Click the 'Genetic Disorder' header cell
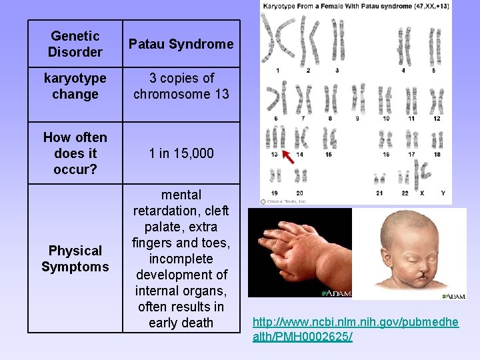(75, 44)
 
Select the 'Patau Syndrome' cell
(181, 44)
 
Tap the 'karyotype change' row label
(75, 87)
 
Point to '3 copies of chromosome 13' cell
(181, 87)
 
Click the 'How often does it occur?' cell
(75, 153)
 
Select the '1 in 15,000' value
(181, 153)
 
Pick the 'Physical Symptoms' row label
(75, 259)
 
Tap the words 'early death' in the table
(181, 323)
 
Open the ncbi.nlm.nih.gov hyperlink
(355, 329)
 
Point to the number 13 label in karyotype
(274, 155)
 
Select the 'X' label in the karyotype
(422, 193)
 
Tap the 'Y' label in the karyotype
(443, 193)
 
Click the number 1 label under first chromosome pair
(277, 70)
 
